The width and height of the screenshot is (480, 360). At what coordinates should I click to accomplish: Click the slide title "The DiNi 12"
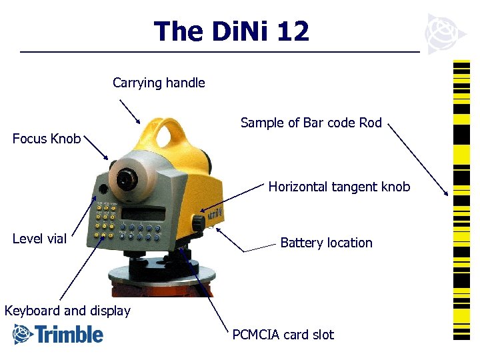[x=231, y=31]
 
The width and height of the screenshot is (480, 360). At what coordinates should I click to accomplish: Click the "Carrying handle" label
[x=159, y=83]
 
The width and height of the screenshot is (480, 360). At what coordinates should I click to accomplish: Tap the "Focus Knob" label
[x=47, y=139]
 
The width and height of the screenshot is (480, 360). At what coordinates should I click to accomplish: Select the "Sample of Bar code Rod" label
[x=311, y=123]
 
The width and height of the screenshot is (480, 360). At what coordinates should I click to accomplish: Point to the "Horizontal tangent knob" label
[x=339, y=187]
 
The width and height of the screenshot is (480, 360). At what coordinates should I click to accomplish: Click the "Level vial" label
[x=39, y=239]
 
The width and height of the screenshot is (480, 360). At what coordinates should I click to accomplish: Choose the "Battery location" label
[x=326, y=243]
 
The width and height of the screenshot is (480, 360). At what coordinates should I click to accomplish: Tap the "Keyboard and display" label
[x=67, y=311]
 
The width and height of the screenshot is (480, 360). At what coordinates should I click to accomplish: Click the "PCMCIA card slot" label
[x=283, y=335]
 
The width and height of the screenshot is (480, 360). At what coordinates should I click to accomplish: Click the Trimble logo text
[x=69, y=334]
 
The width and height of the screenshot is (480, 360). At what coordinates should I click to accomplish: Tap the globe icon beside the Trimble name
[x=23, y=334]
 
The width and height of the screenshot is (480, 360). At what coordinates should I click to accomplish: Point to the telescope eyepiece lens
[x=125, y=179]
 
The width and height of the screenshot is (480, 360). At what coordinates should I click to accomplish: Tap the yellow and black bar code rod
[x=461, y=200]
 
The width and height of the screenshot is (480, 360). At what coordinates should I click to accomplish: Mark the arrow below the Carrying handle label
[x=129, y=111]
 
